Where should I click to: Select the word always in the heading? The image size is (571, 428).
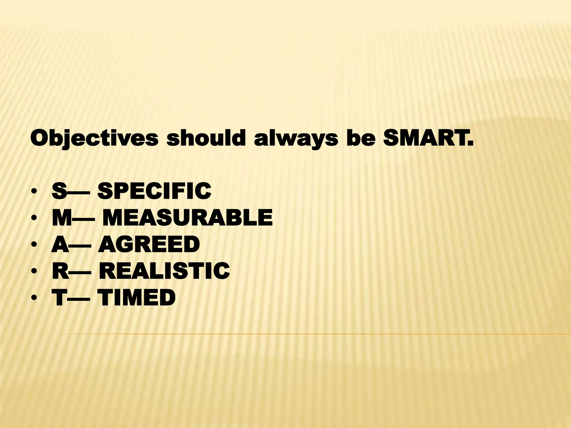[x=295, y=139]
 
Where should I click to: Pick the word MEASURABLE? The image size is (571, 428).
[x=187, y=218]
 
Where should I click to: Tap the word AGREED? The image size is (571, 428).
[x=149, y=244]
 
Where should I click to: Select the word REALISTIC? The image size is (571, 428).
[x=164, y=271]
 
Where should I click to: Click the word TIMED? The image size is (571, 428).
[x=137, y=297]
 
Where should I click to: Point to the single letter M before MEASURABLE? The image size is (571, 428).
[x=62, y=218]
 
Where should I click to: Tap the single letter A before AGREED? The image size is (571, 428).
[x=60, y=244]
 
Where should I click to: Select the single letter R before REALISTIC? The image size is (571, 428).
[x=60, y=271]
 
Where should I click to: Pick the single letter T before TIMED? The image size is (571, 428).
[x=60, y=297]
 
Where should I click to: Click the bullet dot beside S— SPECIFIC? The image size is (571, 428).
[x=34, y=192]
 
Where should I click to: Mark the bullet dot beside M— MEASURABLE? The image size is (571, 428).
[x=34, y=218]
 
